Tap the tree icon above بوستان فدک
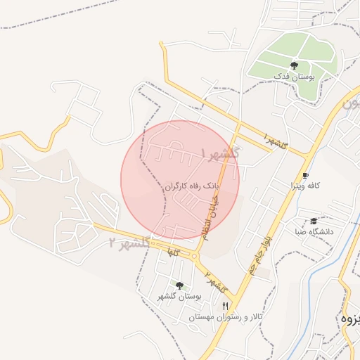(294, 65)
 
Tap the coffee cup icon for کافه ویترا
(305, 176)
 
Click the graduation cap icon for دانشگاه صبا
(314, 221)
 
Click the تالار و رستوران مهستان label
(226, 317)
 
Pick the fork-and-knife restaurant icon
(226, 306)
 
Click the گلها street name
(172, 251)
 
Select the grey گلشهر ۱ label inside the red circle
(221, 153)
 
